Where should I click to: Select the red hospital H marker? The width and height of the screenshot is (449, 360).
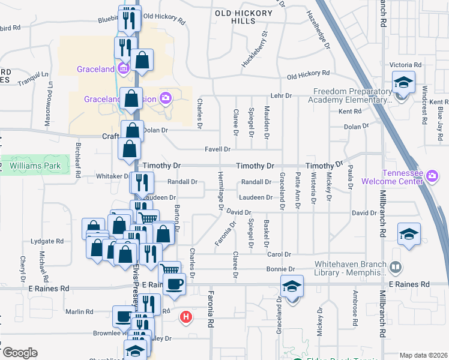(187, 316)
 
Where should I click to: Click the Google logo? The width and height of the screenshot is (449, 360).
(20, 352)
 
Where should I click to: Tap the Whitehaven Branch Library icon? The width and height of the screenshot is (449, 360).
(396, 266)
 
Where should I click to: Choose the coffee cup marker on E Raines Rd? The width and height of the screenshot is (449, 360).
(174, 284)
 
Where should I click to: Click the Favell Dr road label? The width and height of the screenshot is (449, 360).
(218, 149)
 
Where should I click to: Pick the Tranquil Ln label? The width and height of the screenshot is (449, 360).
(32, 77)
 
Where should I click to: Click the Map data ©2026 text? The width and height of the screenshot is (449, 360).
(423, 355)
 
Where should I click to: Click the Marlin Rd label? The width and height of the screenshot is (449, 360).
(80, 311)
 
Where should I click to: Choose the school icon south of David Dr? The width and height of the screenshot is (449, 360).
(409, 234)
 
